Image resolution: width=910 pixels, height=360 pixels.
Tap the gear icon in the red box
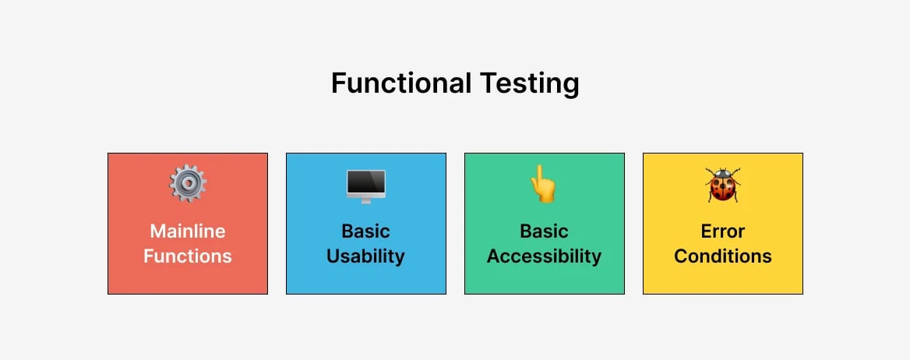point(188,184)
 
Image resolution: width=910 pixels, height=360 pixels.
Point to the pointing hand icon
point(543,185)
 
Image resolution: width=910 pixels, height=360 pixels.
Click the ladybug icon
point(723,185)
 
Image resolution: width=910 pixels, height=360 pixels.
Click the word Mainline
point(188,231)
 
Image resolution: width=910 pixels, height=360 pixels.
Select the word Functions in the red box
point(188,256)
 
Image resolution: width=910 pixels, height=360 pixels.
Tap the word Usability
point(365,256)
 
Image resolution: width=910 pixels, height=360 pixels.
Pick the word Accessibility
point(544,256)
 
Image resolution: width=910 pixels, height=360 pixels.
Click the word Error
point(723,231)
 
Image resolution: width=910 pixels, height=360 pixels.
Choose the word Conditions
point(723,256)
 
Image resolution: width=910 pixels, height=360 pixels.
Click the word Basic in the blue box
point(365,231)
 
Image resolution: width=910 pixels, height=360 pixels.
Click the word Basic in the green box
point(544,231)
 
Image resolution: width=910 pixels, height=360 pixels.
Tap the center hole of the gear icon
point(188,184)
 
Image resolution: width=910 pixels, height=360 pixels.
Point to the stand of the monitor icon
point(366,199)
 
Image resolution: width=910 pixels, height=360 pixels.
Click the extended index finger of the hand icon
point(536,173)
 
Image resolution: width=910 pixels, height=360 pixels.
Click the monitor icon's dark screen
point(366,182)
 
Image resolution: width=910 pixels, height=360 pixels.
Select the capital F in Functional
point(338,83)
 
